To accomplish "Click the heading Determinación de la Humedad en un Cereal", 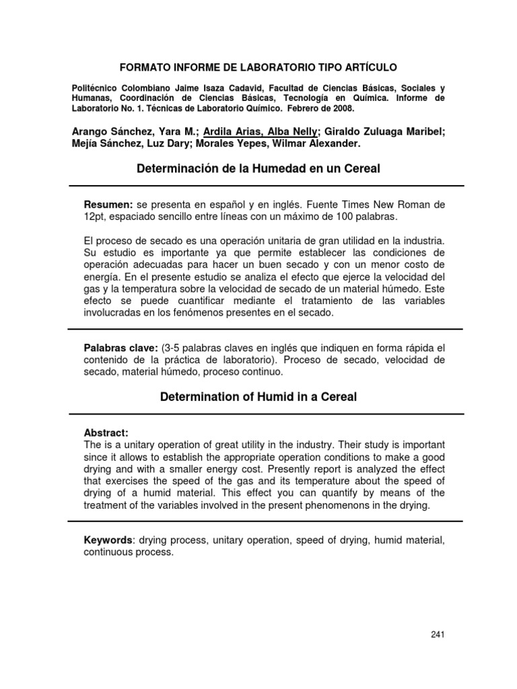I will (x=258, y=169).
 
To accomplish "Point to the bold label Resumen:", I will (x=108, y=204).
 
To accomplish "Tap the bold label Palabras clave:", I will (x=120, y=348).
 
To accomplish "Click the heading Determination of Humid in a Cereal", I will (x=258, y=397).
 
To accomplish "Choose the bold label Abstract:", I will (x=106, y=433).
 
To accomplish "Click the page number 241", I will (x=437, y=634).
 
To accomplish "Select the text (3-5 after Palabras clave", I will (x=173, y=348).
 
